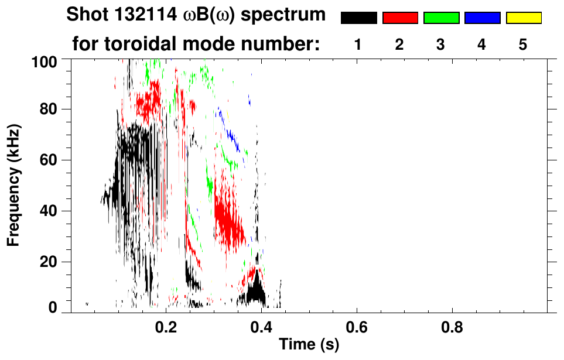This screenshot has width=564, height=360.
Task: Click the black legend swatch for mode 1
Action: tap(358, 18)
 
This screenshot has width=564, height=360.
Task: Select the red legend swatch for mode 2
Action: tap(400, 18)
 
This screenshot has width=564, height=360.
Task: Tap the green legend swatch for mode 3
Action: tap(441, 18)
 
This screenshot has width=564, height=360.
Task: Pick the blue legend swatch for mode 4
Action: tap(482, 18)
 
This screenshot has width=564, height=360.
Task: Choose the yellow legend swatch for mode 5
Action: tap(523, 18)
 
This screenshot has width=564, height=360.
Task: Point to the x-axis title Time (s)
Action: tap(309, 345)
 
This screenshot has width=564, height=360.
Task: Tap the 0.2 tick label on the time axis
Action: tap(166, 327)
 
